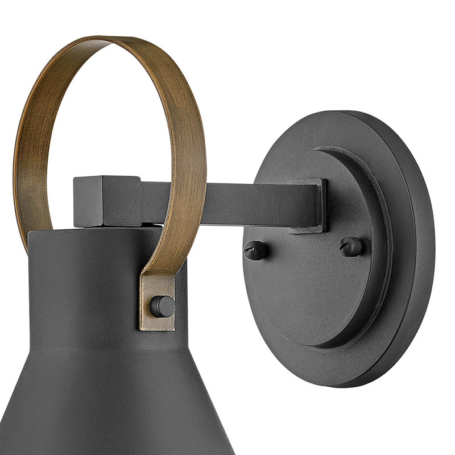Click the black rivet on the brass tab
[163, 307]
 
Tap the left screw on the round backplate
[256, 250]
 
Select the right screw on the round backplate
[352, 246]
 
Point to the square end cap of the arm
[107, 202]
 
